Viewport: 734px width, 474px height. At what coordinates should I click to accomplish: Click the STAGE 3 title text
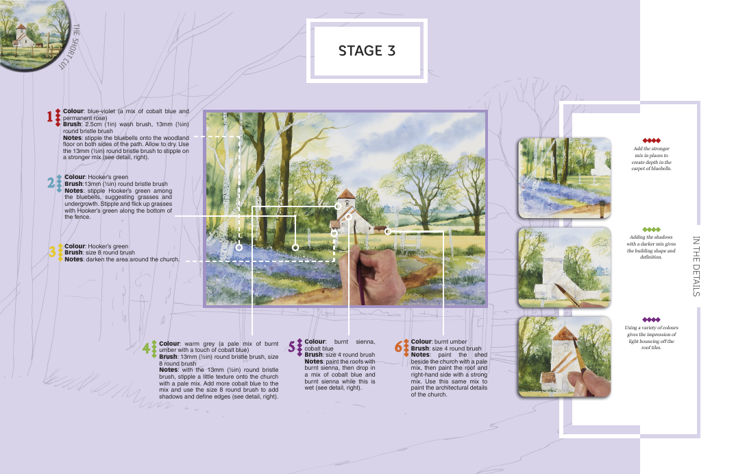point(367,51)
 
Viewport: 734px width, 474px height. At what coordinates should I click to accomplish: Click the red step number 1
point(49,116)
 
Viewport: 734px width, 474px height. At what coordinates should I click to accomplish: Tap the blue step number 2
point(51,182)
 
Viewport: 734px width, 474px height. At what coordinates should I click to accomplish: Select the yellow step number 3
point(52,252)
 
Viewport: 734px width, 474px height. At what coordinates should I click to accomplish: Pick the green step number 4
point(147,348)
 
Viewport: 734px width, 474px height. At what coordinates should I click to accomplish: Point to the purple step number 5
point(292,347)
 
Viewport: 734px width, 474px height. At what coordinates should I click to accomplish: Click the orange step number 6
point(398,346)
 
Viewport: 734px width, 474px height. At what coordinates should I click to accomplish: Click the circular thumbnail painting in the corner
point(33,33)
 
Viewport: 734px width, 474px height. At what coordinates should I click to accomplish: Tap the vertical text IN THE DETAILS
point(696,266)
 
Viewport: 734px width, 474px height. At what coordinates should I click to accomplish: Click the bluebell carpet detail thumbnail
point(565,178)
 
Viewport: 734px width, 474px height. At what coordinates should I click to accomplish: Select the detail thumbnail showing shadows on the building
point(565,268)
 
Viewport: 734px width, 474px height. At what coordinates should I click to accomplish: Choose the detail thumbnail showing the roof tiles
point(565,357)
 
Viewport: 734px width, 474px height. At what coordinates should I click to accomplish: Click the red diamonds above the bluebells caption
point(651,141)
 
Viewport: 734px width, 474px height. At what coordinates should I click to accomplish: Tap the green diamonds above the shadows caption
point(651,230)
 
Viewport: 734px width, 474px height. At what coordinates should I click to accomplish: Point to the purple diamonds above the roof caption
point(651,320)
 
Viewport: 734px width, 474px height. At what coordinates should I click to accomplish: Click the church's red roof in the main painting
point(346,193)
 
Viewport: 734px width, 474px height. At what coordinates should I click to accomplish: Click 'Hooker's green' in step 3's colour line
point(108,246)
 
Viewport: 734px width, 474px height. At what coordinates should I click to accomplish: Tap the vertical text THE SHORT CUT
point(69,47)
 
